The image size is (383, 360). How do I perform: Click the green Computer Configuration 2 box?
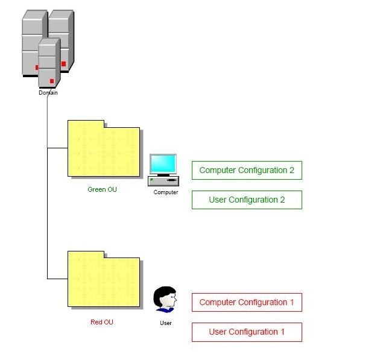pos(246,171)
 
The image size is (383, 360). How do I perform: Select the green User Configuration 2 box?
pos(246,200)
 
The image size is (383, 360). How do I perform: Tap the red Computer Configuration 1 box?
pos(246,303)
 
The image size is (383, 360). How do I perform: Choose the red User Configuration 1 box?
pos(246,332)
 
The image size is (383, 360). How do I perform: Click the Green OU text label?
pos(102,189)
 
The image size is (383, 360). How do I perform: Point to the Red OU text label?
pos(101,322)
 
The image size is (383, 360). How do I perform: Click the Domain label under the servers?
pos(48,93)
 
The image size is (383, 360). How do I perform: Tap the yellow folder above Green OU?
pos(103,151)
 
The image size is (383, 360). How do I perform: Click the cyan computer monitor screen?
pos(163,164)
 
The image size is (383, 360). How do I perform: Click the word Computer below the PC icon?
pos(165,192)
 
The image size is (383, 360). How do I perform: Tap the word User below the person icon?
pos(165,323)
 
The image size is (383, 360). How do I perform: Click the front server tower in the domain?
pos(48,63)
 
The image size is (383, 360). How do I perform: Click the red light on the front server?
pos(52,81)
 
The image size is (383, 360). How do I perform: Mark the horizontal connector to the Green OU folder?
pos(57,148)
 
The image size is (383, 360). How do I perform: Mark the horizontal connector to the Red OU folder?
pos(57,279)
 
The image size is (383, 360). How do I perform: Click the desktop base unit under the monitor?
pos(163,180)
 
